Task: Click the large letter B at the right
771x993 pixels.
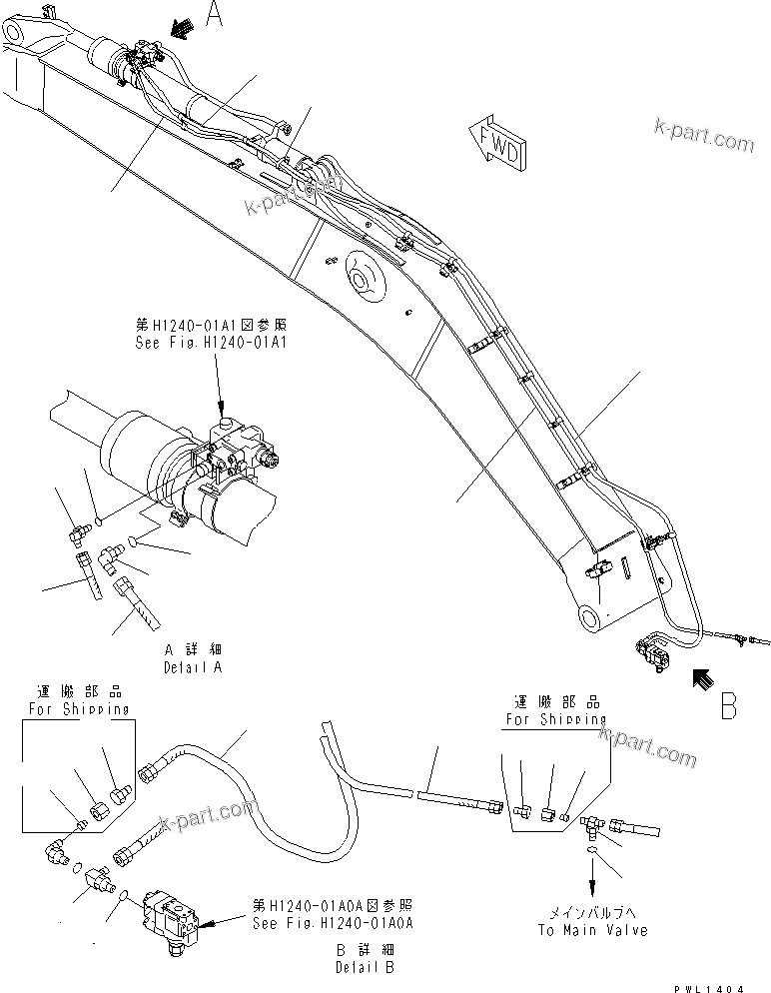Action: [728, 705]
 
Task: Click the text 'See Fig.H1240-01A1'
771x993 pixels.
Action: [210, 341]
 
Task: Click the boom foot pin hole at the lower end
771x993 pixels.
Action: [589, 617]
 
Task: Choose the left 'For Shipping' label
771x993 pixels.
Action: [78, 709]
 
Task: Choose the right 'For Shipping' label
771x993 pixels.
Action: [555, 718]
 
